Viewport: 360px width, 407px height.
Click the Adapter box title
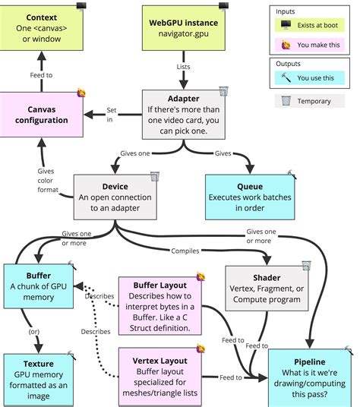(x=182, y=98)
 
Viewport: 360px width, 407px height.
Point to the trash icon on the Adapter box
(x=223, y=91)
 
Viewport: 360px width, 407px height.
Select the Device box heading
(x=115, y=185)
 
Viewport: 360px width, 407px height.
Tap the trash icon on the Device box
(x=155, y=177)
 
